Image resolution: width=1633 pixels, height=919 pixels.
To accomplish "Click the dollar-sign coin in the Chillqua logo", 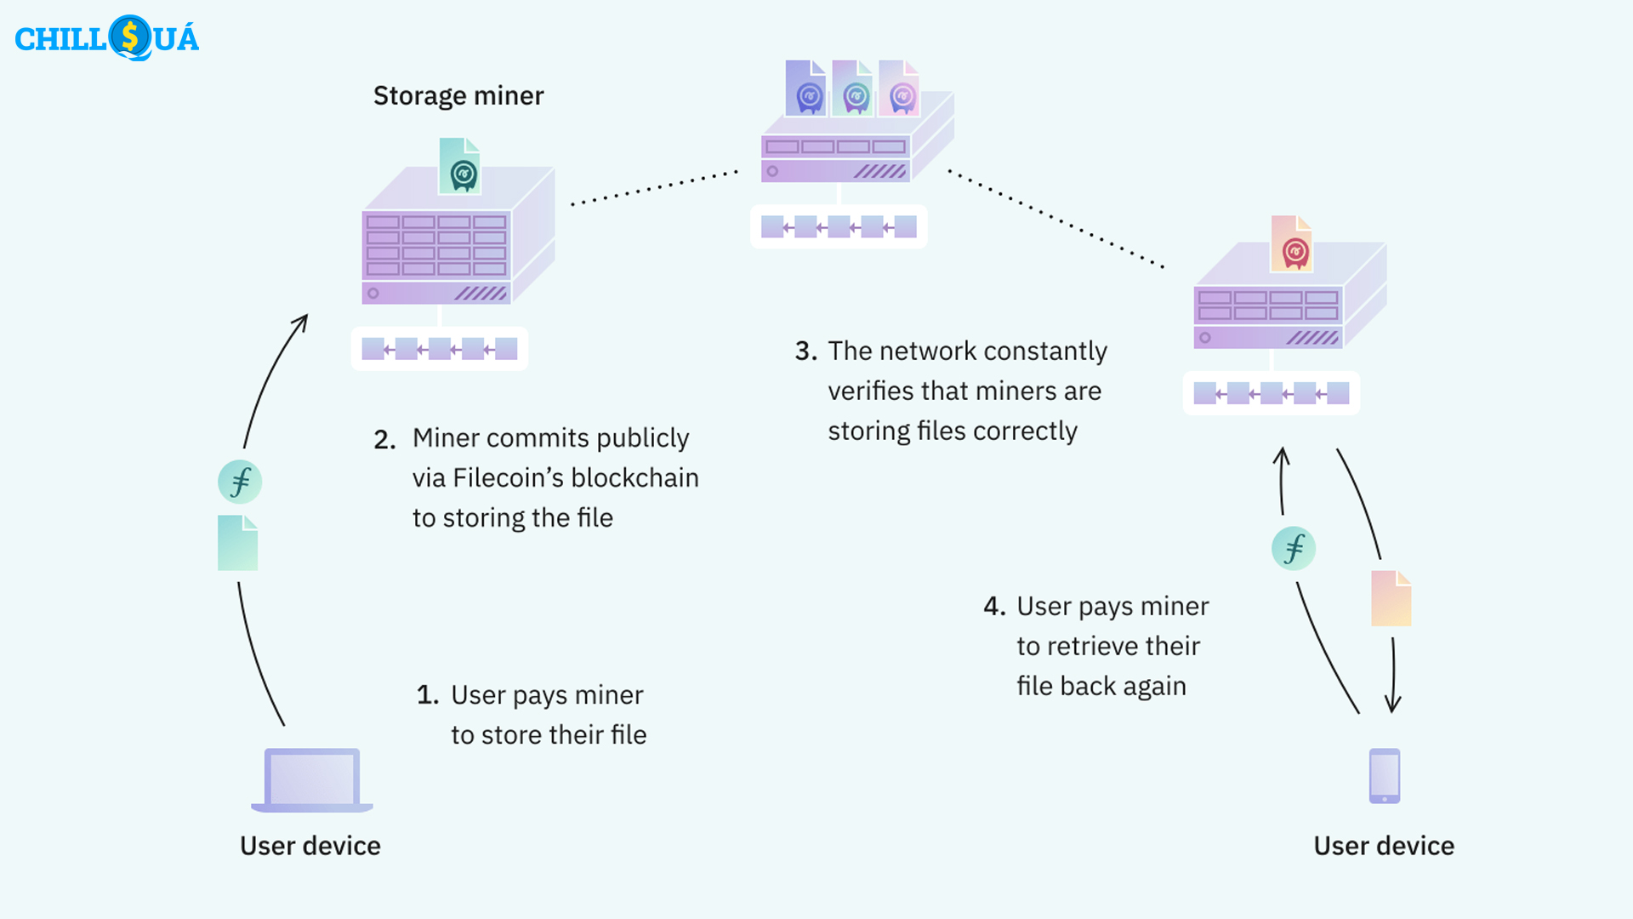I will point(130,37).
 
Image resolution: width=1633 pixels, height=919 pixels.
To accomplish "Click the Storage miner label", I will point(458,95).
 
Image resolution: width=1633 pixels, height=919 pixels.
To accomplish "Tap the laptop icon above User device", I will point(312,779).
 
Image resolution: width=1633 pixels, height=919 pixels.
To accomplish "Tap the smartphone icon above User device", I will point(1384,775).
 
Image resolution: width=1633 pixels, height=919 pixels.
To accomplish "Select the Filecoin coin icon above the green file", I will point(240,482).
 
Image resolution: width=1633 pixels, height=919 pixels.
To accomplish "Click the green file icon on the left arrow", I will point(238,543).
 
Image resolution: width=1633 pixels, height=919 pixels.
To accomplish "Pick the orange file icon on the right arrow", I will point(1391,599).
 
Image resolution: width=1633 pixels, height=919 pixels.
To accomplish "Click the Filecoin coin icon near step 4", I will point(1293,548).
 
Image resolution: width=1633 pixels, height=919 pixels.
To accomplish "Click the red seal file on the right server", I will point(1291,244).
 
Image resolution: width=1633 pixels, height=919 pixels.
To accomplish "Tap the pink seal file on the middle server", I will point(899,88).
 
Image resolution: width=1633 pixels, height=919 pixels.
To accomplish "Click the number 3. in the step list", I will point(805,351).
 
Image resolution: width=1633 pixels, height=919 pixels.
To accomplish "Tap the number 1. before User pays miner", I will point(427,695).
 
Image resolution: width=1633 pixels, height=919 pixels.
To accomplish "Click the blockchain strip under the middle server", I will point(839,227).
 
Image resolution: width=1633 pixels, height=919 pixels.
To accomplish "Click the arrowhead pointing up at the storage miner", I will point(301,323).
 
